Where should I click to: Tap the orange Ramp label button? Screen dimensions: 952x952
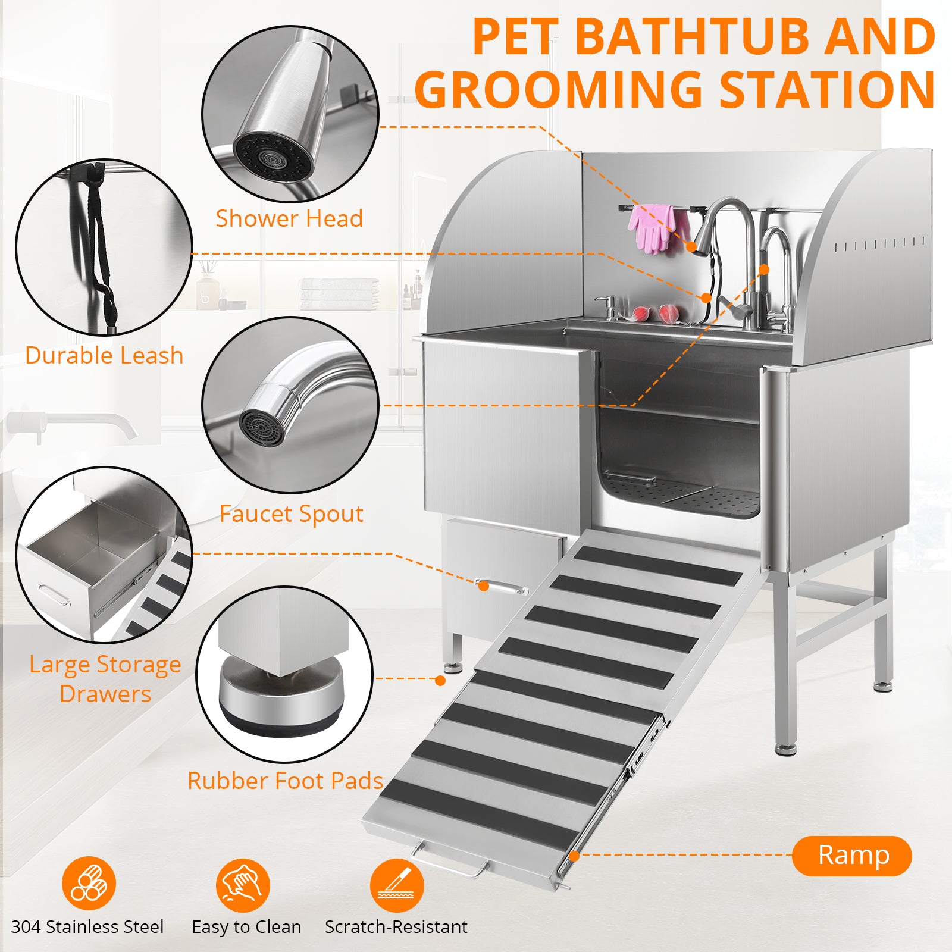[x=851, y=856]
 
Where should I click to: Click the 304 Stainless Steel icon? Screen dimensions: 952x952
[x=89, y=884]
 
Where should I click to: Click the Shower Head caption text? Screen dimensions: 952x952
[x=289, y=219]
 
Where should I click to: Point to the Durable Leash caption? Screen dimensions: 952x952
[x=104, y=355]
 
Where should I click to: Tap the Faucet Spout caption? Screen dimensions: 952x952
[x=291, y=513]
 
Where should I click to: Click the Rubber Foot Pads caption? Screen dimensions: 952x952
[x=285, y=781]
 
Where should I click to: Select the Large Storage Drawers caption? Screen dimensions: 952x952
[x=105, y=679]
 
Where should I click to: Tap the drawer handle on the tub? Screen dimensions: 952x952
[x=503, y=587]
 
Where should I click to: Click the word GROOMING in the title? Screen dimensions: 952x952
[x=559, y=90]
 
